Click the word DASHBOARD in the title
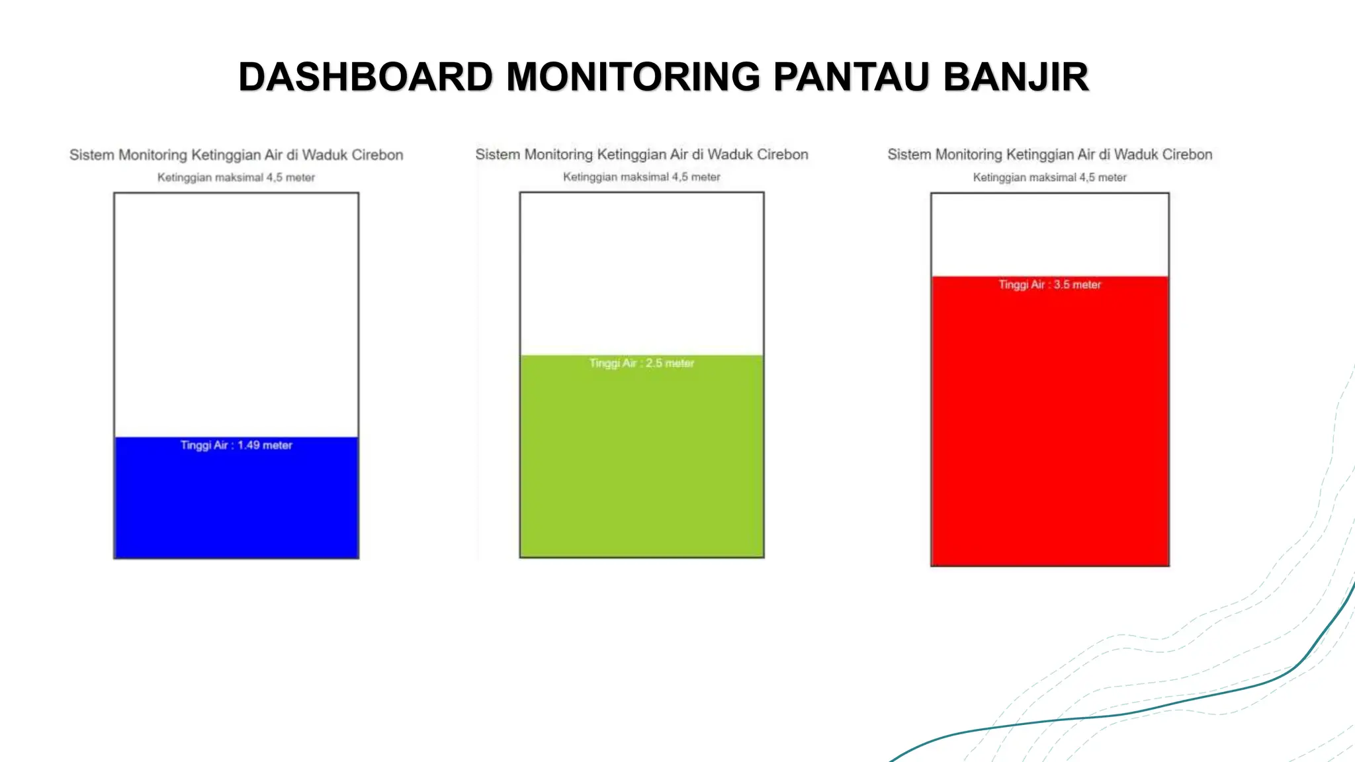[365, 77]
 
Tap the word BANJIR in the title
[1016, 77]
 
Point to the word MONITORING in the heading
[633, 77]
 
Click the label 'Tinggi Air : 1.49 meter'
[236, 445]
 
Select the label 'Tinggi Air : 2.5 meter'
[642, 363]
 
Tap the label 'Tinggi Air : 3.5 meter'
[1049, 284]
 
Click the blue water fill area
[236, 506]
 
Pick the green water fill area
[642, 463]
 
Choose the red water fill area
[1049, 430]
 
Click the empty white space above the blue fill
[236, 314]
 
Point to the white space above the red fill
[1049, 235]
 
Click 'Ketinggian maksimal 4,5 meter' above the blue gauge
[236, 177]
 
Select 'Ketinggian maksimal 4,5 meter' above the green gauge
[642, 177]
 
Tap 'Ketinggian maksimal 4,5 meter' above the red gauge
[1049, 177]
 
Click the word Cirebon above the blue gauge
[377, 155]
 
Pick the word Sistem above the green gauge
[498, 154]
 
